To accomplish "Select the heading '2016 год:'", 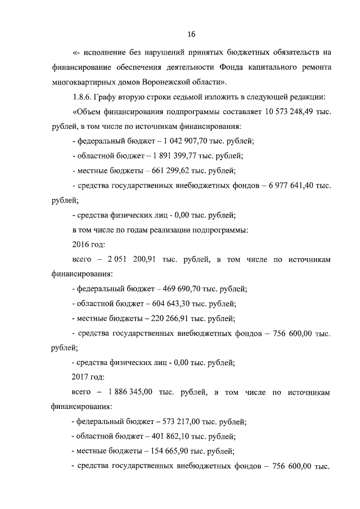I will coord(89,245).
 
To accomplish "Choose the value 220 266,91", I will coord(167,318).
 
